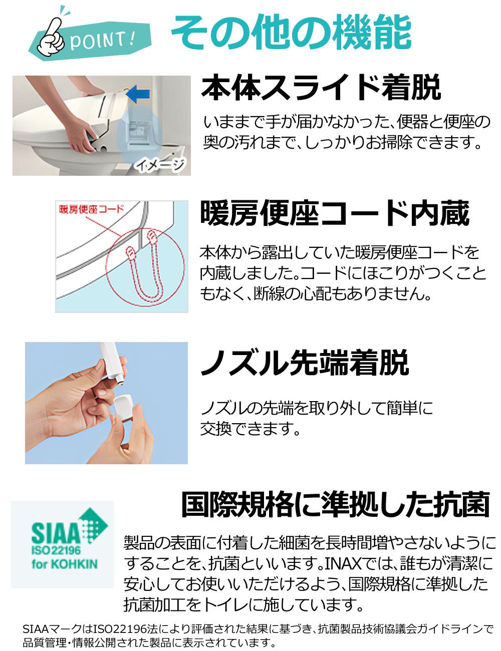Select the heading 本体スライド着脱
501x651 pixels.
click(321, 87)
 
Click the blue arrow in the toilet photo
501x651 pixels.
click(138, 93)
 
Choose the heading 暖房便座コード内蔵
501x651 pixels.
click(335, 213)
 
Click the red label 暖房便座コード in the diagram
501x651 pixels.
click(91, 209)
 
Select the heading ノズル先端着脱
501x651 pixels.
click(304, 363)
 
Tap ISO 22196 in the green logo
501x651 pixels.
click(56, 552)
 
